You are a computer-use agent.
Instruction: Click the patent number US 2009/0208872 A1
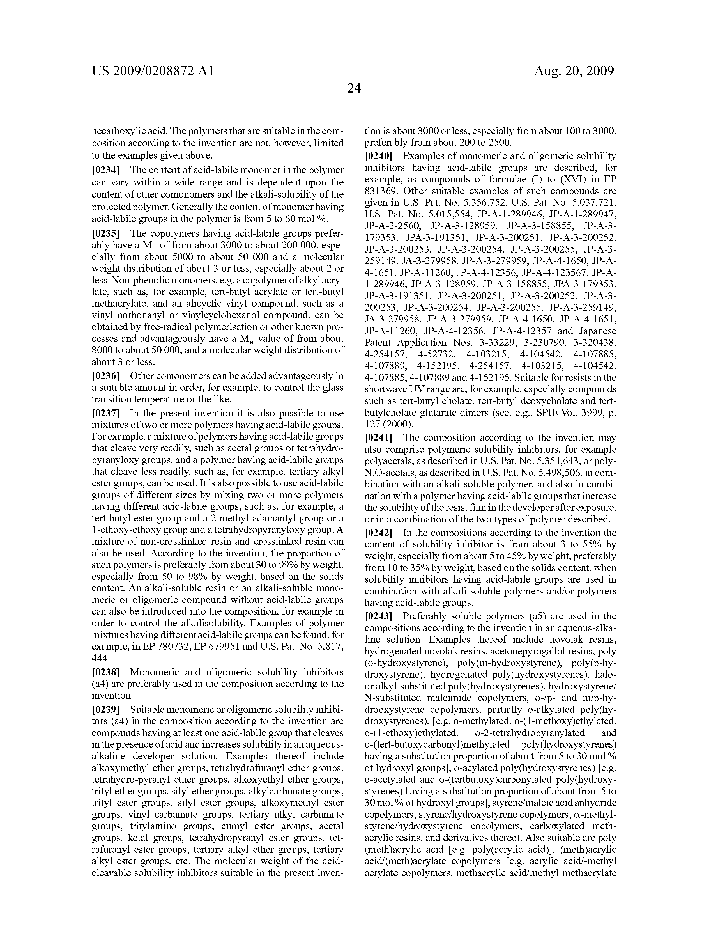coord(153,71)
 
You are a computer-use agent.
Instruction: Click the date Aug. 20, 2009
coord(574,71)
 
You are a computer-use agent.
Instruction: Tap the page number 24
coord(353,88)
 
